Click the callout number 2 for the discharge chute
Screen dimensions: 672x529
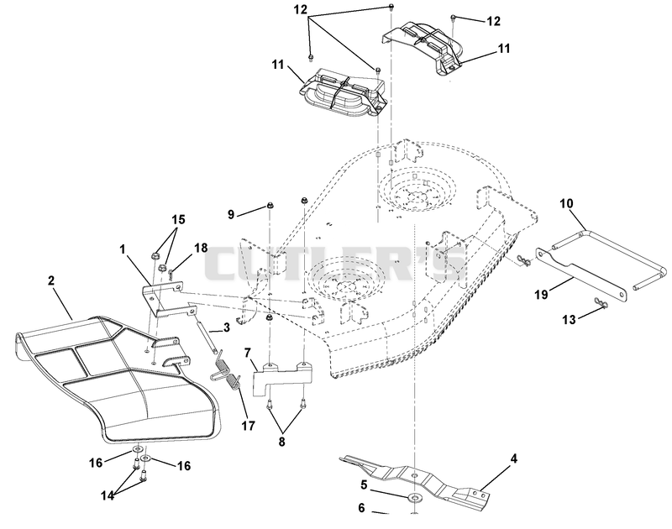point(51,280)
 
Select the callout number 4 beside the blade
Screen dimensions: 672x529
point(514,458)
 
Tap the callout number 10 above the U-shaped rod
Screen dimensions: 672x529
point(566,203)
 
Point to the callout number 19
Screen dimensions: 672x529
point(541,294)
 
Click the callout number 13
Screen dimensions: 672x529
point(569,320)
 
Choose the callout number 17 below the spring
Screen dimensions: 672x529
point(248,426)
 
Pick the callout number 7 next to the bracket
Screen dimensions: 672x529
point(247,354)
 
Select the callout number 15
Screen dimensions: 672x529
point(178,219)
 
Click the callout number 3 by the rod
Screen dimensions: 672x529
point(226,327)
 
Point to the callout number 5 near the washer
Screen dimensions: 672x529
point(364,484)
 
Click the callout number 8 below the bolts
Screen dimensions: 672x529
point(281,442)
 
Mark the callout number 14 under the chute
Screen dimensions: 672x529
point(108,495)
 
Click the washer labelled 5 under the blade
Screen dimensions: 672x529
point(414,498)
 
